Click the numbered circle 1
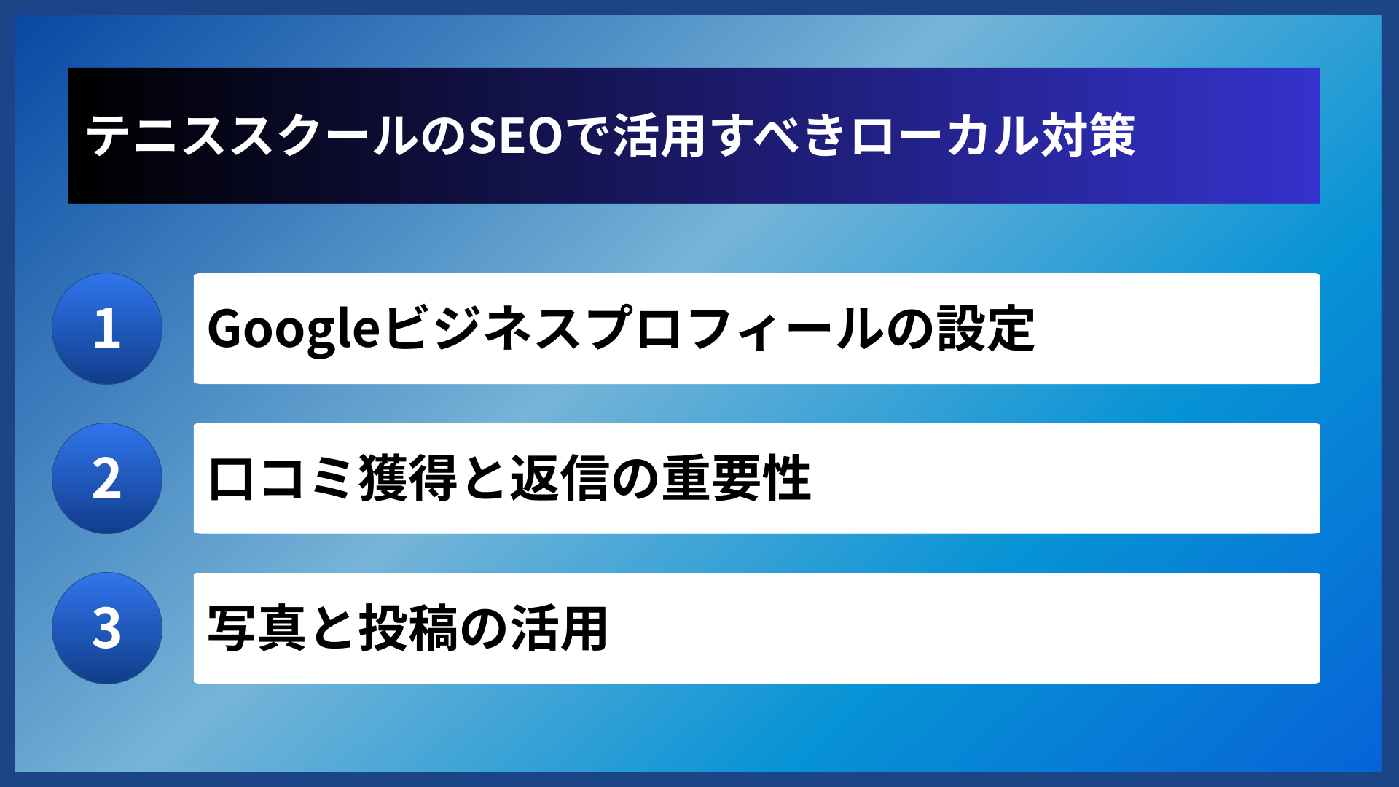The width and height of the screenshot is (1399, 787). pos(107,329)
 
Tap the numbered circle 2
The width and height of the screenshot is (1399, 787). pos(107,479)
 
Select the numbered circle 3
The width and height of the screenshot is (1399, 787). pos(107,628)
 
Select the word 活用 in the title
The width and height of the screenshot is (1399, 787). pos(659,136)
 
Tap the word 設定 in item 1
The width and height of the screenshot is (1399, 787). pos(986,329)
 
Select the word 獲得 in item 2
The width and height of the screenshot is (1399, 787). pos(407,479)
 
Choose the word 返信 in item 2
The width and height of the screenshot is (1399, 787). pos(559,479)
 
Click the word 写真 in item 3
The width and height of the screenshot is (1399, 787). pos(256,628)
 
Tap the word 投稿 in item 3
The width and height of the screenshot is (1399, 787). pos(407,628)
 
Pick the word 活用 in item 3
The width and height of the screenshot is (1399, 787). pos(559,628)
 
